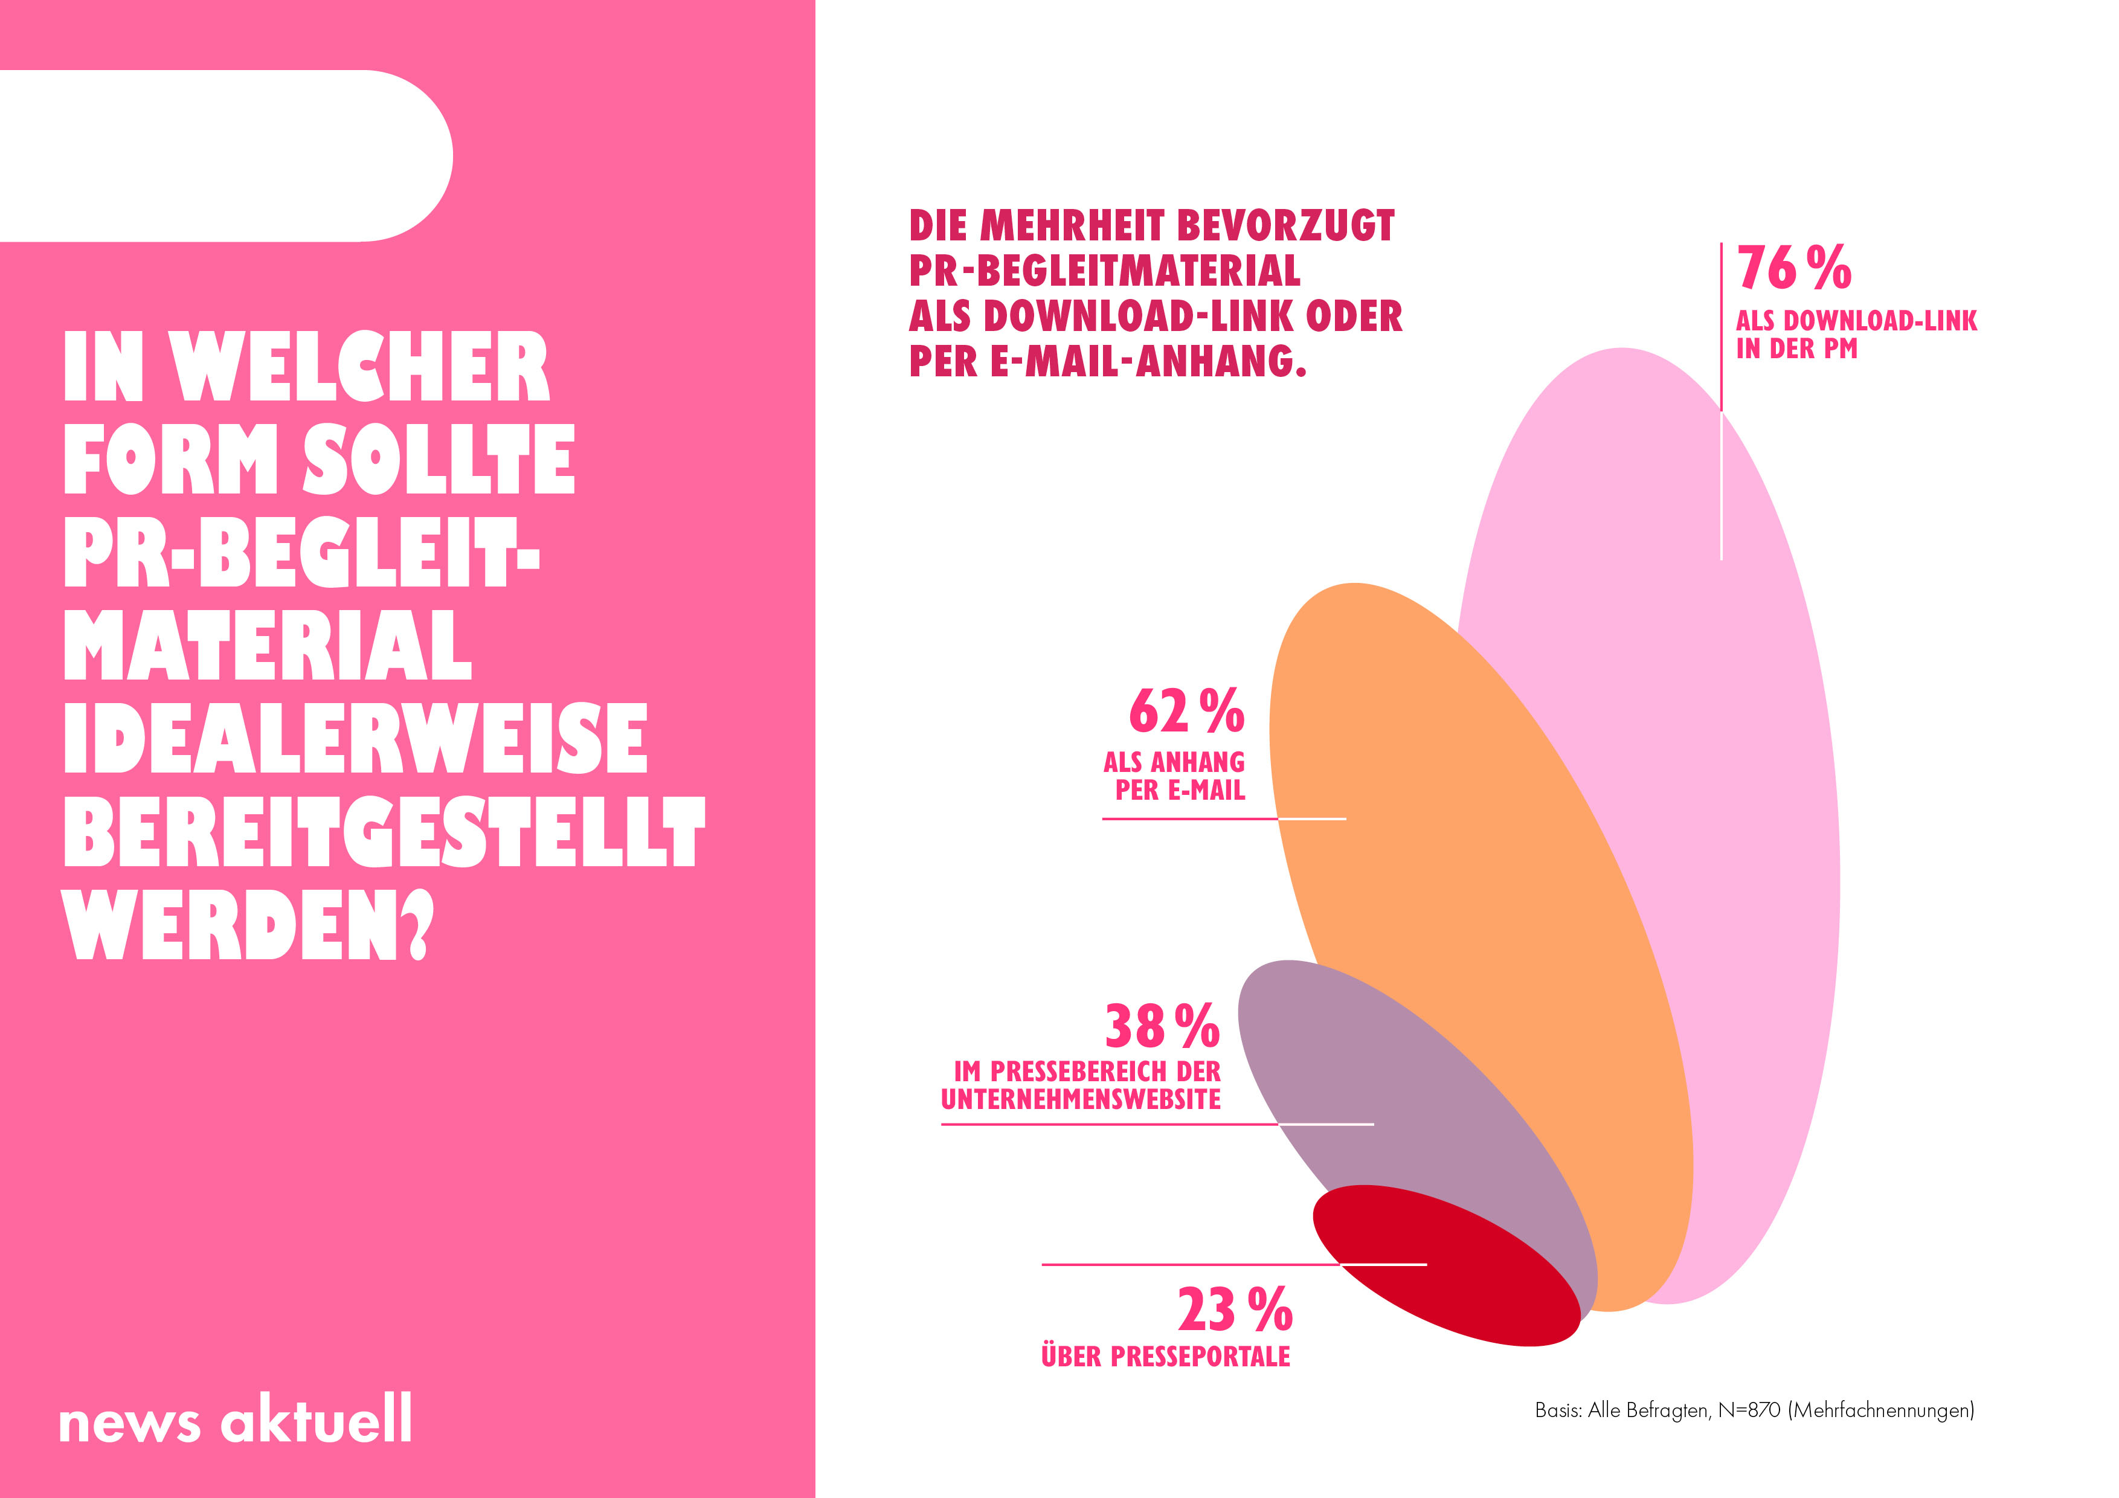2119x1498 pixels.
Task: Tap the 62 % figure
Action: (1186, 712)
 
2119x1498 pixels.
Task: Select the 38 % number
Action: (1162, 1026)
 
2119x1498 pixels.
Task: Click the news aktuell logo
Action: (236, 1419)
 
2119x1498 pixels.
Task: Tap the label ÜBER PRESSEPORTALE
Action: (1166, 1357)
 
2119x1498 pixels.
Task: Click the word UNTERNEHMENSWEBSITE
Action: (1081, 1100)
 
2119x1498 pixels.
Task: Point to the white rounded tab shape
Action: (226, 155)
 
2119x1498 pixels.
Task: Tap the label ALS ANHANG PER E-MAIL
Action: (1174, 776)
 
